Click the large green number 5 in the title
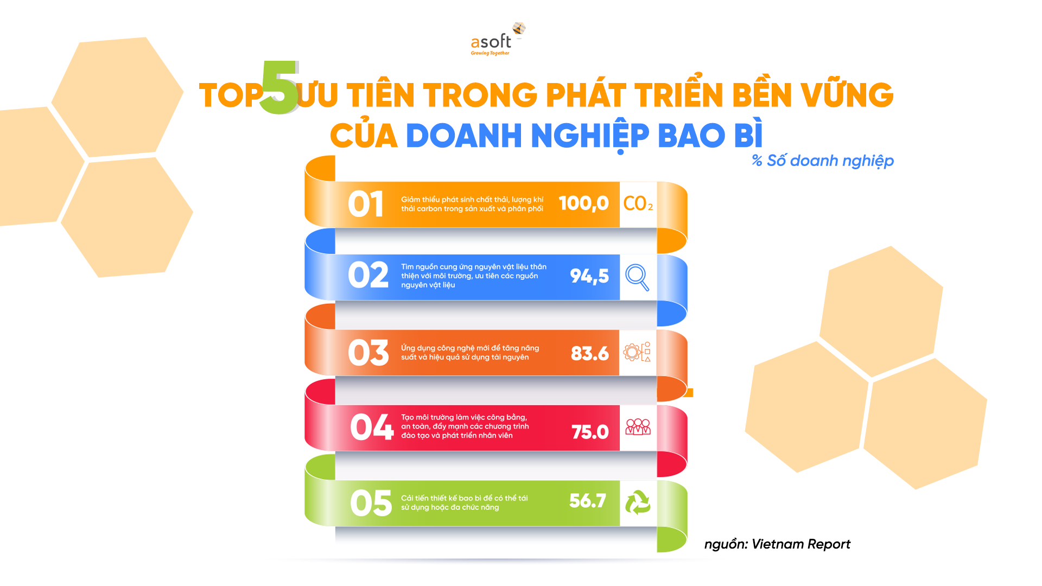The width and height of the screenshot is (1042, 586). tap(279, 87)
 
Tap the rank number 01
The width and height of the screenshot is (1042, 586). tap(366, 204)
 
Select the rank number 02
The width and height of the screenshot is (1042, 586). tap(368, 275)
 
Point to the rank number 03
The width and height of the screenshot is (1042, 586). tap(368, 353)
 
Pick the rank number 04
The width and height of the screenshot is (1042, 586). tap(371, 427)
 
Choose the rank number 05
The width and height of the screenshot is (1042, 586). tap(371, 503)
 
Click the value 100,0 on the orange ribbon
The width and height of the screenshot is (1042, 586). tap(583, 203)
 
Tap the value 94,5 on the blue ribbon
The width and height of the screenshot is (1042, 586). tap(589, 276)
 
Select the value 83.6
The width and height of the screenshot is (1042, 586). tap(589, 354)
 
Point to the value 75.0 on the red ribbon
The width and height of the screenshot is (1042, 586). tap(590, 432)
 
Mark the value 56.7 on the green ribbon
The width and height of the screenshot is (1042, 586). tap(588, 501)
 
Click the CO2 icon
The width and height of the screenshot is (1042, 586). tap(638, 204)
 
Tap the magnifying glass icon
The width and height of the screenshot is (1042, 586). tap(637, 277)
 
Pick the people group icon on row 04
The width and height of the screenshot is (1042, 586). tap(638, 427)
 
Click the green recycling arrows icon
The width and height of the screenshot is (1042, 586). tap(638, 502)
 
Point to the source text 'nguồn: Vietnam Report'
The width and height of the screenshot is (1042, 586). tap(777, 544)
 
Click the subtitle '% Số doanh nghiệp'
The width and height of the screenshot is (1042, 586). tap(823, 161)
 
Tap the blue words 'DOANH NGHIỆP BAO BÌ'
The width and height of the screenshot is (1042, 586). tap(584, 136)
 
